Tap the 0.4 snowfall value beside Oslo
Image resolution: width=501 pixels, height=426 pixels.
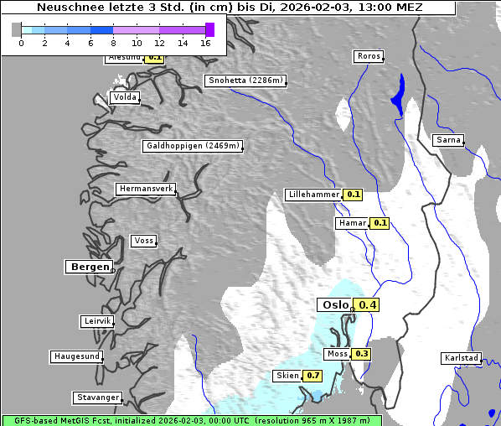(x=366, y=305)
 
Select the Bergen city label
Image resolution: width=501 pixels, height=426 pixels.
(x=87, y=267)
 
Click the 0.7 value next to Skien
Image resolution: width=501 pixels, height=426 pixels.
(x=312, y=376)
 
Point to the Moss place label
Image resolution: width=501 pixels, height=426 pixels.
(x=337, y=354)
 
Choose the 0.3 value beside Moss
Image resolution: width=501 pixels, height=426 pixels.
(x=361, y=354)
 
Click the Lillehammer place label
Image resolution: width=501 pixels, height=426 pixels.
(x=313, y=195)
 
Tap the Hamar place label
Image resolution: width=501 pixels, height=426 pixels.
(x=351, y=223)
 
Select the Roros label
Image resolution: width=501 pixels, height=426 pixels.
(x=368, y=56)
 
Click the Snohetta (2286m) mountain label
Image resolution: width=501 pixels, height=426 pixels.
(x=245, y=81)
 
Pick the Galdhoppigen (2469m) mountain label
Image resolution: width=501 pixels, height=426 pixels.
(x=193, y=146)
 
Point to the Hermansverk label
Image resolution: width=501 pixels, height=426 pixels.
(x=145, y=189)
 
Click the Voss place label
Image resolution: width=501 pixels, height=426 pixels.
(x=143, y=241)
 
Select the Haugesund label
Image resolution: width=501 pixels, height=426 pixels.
(x=76, y=356)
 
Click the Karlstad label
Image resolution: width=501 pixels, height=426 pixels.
(x=462, y=358)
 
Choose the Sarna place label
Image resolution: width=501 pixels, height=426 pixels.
(x=448, y=140)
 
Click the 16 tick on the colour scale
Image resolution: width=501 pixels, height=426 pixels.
(x=206, y=43)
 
